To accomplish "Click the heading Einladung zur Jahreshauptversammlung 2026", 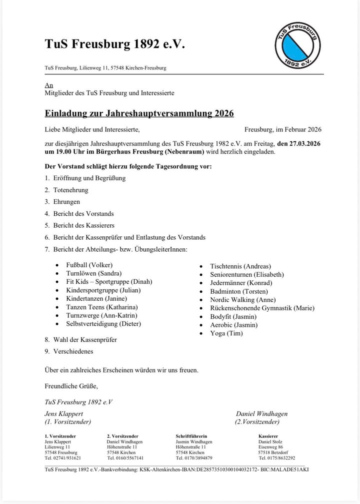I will coord(139,113).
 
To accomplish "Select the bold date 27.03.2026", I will coord(299,143).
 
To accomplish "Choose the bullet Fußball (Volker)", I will coord(89,265).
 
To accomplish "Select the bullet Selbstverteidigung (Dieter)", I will coord(103,324).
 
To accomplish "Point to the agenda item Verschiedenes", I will coord(72,351).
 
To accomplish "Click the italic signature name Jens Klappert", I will coord(64,414).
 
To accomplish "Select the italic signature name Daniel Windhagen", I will coord(261,414).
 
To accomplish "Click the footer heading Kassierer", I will coord(268,436).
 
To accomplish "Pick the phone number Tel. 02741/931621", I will coord(63,458).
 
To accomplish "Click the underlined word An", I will coord(48,85).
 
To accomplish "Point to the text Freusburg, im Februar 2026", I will coord(283,129).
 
